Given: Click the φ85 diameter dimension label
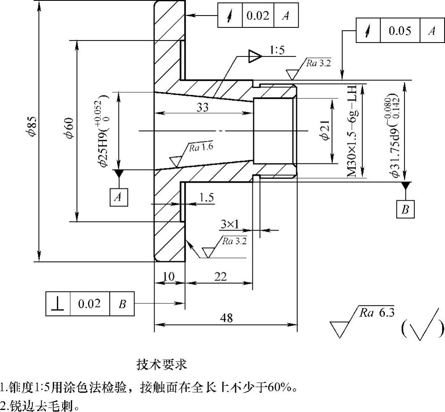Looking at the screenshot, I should [32, 127].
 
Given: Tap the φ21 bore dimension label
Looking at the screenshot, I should [325, 131].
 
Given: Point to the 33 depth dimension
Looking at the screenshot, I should [202, 107].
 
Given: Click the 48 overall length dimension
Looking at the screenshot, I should [227, 318].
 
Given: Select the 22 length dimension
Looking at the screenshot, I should [220, 277].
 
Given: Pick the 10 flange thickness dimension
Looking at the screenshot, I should [169, 277].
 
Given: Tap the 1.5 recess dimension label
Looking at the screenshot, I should [207, 198].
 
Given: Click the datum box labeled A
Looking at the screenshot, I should [118, 197].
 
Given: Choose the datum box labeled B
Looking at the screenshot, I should [405, 210].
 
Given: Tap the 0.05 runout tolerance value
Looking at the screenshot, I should [400, 31].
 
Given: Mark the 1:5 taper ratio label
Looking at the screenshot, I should [277, 51].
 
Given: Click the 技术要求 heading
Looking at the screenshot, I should [162, 364].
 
